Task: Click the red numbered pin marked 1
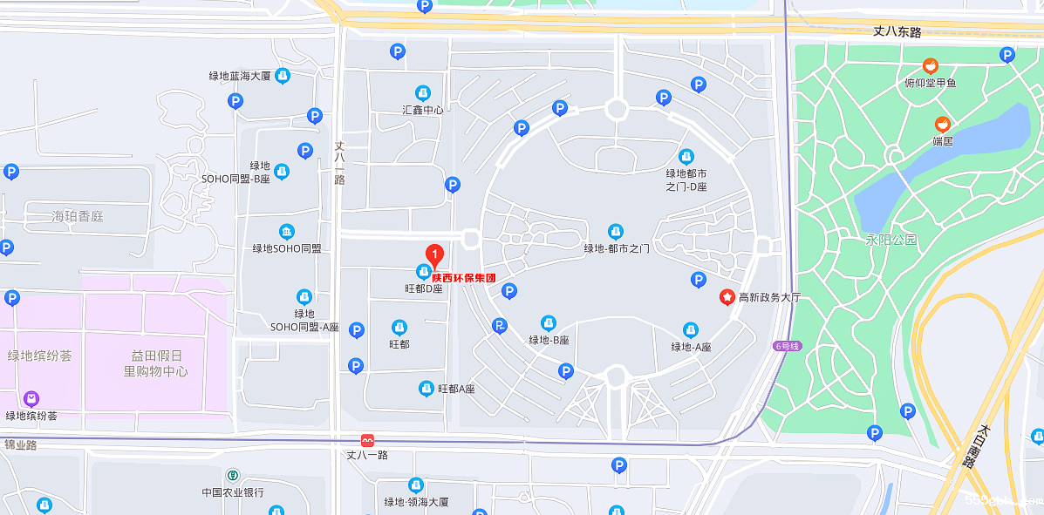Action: tap(434, 254)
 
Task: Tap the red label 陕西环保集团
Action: tap(464, 278)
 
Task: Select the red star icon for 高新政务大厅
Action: tap(726, 297)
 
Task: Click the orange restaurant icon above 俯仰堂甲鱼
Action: tap(931, 66)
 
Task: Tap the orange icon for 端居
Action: tap(942, 125)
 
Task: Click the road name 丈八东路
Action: tap(897, 32)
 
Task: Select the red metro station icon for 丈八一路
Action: tap(367, 441)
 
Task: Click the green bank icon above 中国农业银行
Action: tap(233, 476)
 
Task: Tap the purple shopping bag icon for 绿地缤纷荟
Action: tap(32, 399)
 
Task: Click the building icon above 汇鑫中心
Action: tap(422, 92)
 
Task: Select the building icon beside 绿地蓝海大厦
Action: tap(283, 76)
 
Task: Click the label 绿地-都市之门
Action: tap(616, 248)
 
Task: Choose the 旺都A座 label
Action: tap(456, 389)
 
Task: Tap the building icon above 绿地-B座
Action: tap(549, 323)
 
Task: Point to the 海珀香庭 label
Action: tap(77, 215)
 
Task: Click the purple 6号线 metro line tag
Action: tap(786, 346)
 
